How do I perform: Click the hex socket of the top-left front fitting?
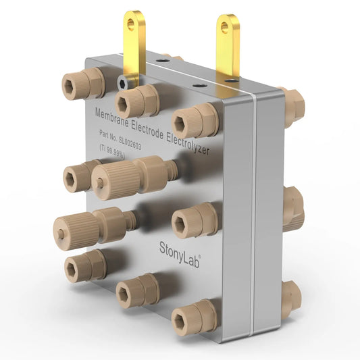click(x=75, y=84)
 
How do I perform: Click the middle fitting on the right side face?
click(x=294, y=208)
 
